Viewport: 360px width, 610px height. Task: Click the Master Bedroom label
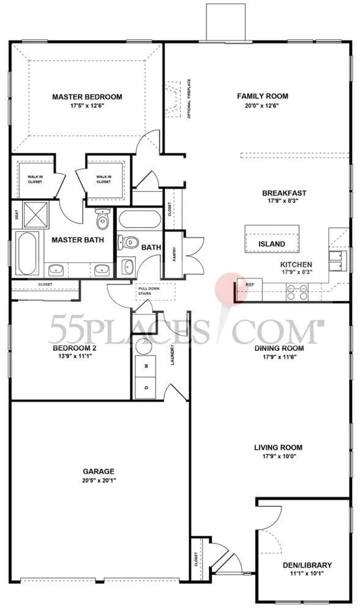click(87, 97)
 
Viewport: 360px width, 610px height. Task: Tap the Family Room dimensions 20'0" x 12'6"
click(262, 106)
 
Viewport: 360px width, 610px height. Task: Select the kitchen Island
click(272, 239)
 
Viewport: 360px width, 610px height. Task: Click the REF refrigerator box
click(249, 290)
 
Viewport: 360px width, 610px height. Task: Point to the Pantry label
click(175, 254)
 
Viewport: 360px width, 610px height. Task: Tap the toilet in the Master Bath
click(103, 219)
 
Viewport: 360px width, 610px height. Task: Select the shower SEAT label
click(17, 215)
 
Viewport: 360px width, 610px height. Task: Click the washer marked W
click(146, 366)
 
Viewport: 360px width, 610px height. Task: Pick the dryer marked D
click(146, 388)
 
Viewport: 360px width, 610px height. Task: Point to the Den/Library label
click(307, 565)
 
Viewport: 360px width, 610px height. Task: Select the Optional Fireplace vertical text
click(189, 99)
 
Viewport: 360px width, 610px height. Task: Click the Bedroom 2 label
click(75, 348)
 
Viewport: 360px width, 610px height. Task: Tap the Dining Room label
click(279, 348)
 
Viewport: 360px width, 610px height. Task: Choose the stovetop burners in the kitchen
click(297, 292)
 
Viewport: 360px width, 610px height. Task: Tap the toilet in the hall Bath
click(127, 242)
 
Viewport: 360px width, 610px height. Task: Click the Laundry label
click(172, 355)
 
